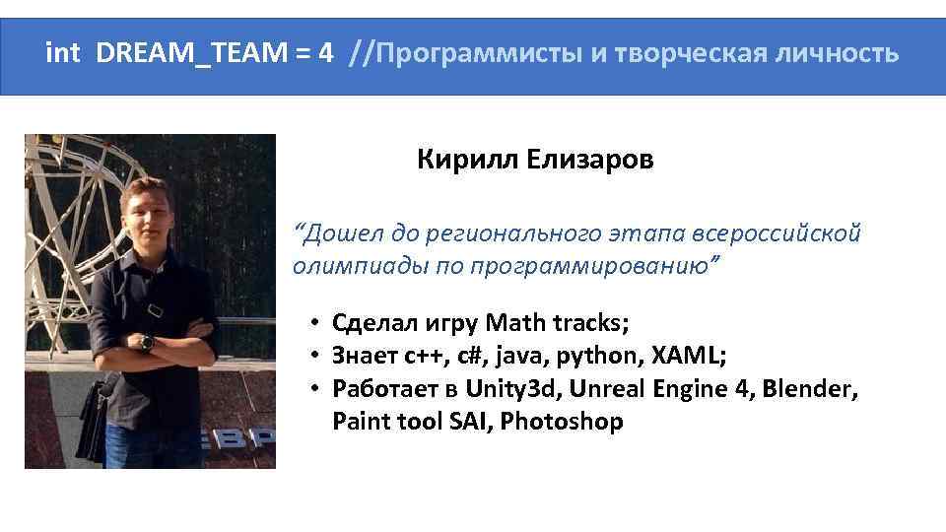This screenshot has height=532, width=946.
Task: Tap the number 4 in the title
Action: (325, 53)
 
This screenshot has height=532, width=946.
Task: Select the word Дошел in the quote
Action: (337, 234)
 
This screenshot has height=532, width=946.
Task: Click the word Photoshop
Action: (561, 422)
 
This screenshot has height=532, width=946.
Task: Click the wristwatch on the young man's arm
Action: (147, 342)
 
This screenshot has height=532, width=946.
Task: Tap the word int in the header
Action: (63, 53)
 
